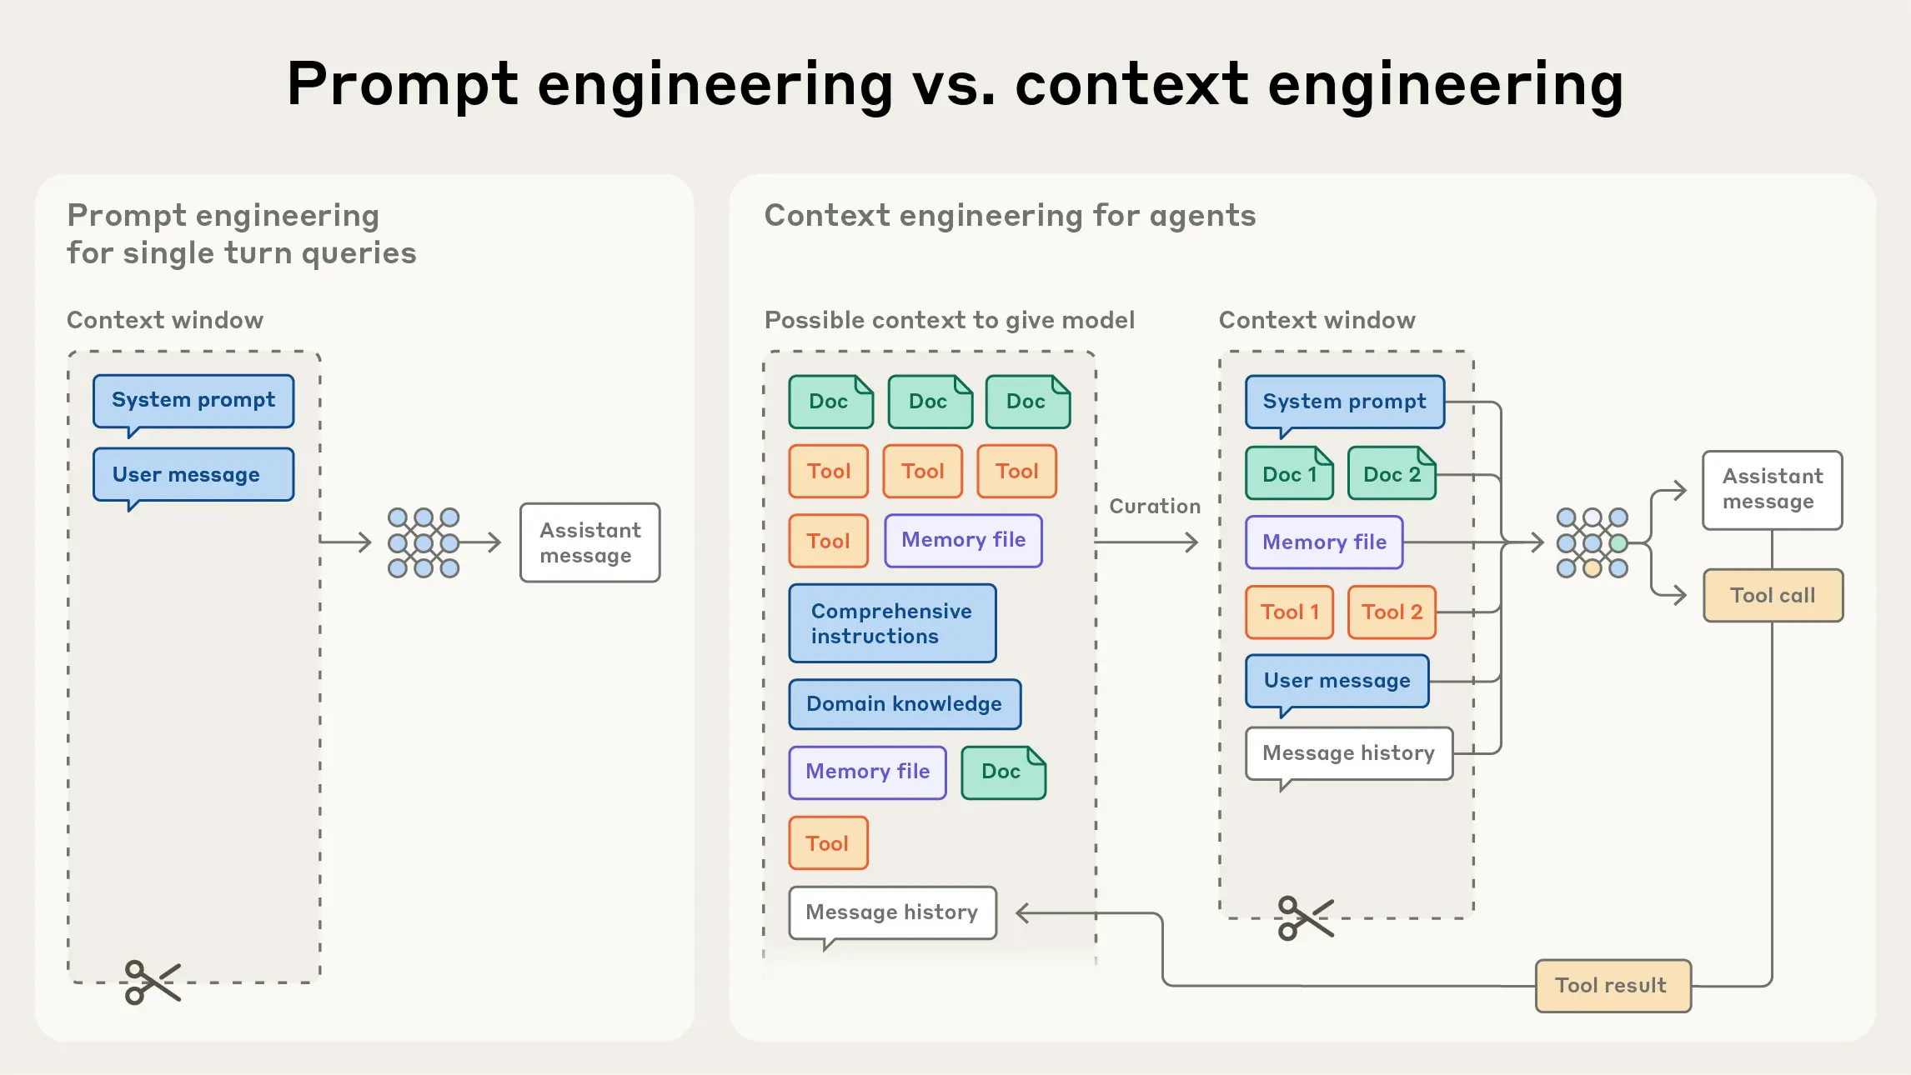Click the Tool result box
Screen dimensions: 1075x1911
pyautogui.click(x=1613, y=986)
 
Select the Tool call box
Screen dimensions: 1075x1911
pyautogui.click(x=1773, y=596)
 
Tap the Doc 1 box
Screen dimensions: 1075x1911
pyautogui.click(x=1289, y=474)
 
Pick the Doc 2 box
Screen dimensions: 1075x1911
pyautogui.click(x=1392, y=474)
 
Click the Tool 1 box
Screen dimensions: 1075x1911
pyautogui.click(x=1289, y=612)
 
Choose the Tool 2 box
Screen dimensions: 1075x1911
pyautogui.click(x=1392, y=612)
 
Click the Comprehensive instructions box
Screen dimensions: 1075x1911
pyautogui.click(x=892, y=623)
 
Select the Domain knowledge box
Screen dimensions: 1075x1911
pyautogui.click(x=905, y=704)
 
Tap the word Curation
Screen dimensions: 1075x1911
pyautogui.click(x=1155, y=507)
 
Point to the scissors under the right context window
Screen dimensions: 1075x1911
pyautogui.click(x=1305, y=918)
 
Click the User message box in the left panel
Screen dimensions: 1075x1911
pyautogui.click(x=193, y=475)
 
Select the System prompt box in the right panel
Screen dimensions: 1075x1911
pyautogui.click(x=1344, y=402)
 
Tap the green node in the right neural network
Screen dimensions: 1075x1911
pyautogui.click(x=1618, y=544)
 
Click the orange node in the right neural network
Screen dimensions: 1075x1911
pyautogui.click(x=1592, y=569)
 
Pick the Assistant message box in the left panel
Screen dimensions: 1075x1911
pyautogui.click(x=589, y=542)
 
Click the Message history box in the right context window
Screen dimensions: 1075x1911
pyautogui.click(x=1348, y=753)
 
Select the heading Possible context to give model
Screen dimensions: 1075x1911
pyautogui.click(x=949, y=320)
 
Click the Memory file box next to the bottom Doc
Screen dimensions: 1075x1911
pyautogui.click(x=867, y=772)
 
